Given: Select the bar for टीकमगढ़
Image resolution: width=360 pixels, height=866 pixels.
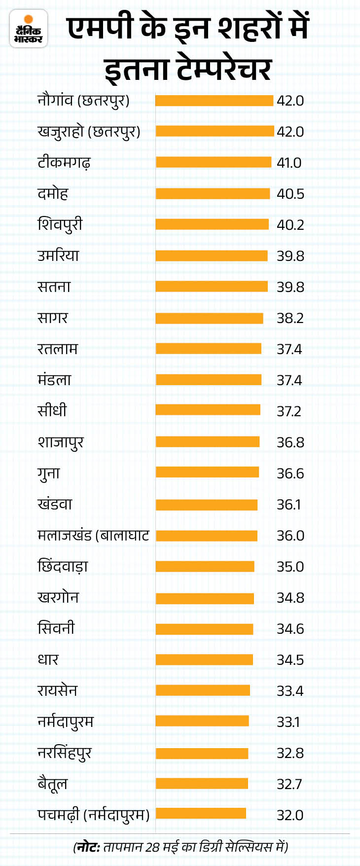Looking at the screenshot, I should click(x=214, y=162).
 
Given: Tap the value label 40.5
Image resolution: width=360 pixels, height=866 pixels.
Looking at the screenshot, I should click(x=290, y=194).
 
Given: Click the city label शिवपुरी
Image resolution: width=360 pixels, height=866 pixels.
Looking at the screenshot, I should click(x=60, y=225).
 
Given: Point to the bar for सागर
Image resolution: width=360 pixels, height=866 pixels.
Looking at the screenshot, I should click(x=209, y=318).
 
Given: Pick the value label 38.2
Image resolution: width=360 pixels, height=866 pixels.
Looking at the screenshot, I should click(x=290, y=318).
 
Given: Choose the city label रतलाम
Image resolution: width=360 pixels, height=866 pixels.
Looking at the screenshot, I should click(x=57, y=349).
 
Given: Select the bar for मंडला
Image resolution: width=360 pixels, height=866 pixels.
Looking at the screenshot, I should click(x=209, y=380).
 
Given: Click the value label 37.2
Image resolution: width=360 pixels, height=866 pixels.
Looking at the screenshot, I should click(x=288, y=411).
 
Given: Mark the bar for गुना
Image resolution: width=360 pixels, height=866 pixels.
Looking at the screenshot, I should click(x=207, y=472).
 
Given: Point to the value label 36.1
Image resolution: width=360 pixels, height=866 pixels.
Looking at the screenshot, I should click(x=288, y=505).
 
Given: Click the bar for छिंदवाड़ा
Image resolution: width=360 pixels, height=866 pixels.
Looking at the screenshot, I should click(x=205, y=566).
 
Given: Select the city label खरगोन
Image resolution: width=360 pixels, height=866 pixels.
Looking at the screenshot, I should click(x=58, y=598).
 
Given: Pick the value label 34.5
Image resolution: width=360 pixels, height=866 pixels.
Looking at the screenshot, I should click(x=290, y=660).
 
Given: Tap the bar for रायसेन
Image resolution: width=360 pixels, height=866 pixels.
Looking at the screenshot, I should click(x=203, y=690).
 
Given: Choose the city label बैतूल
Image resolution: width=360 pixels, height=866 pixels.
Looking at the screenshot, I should click(x=52, y=784).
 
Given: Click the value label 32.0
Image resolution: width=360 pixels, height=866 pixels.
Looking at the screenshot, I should click(x=290, y=815).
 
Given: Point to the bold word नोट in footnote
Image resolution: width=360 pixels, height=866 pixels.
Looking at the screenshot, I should click(x=88, y=847).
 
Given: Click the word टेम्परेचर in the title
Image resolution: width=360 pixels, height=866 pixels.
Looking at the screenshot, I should click(x=223, y=69).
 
